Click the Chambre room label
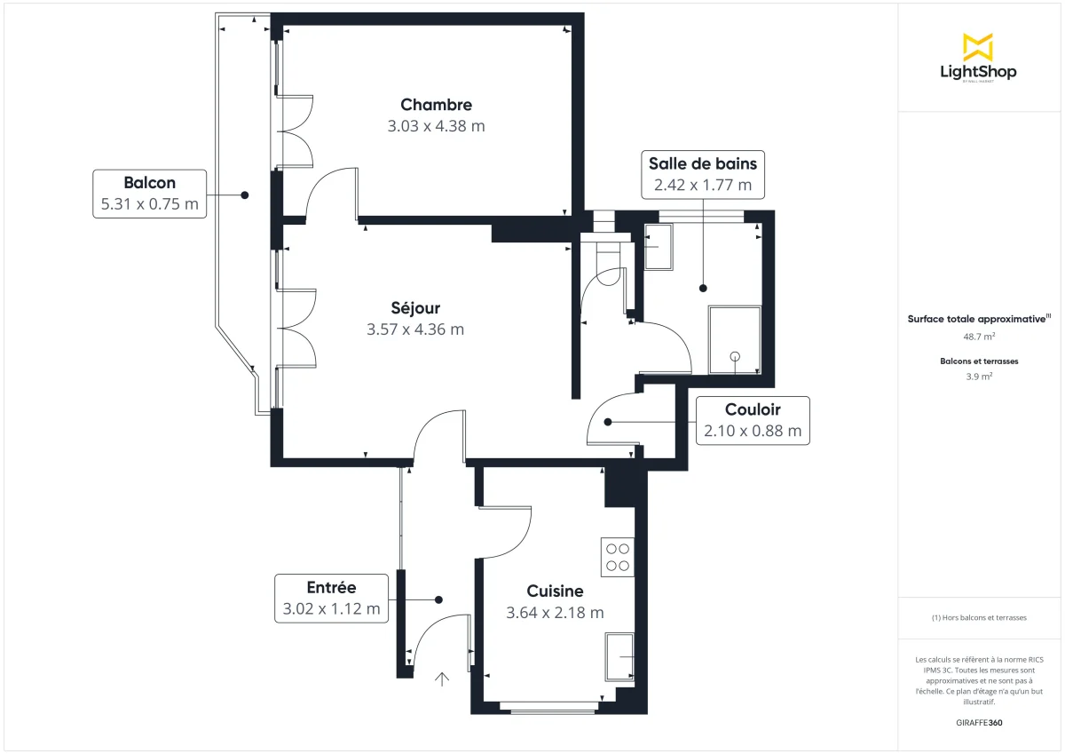(x=436, y=105)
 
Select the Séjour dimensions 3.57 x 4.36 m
(x=415, y=329)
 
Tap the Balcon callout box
(x=149, y=194)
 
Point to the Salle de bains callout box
(x=702, y=174)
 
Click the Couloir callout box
(x=753, y=421)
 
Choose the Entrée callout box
(x=331, y=598)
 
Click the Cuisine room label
(x=555, y=591)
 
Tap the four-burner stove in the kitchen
(x=618, y=557)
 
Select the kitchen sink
(x=619, y=656)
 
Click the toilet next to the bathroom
(x=609, y=266)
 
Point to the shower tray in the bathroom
(x=735, y=340)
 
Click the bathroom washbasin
(x=658, y=247)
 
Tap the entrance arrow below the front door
(x=442, y=679)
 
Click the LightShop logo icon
(x=978, y=47)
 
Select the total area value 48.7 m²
(x=978, y=337)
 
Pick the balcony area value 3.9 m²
(x=978, y=376)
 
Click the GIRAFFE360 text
(x=978, y=723)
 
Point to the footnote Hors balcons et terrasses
(x=978, y=617)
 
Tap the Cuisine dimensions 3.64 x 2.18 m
(x=555, y=613)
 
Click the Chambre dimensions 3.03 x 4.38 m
(x=436, y=126)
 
